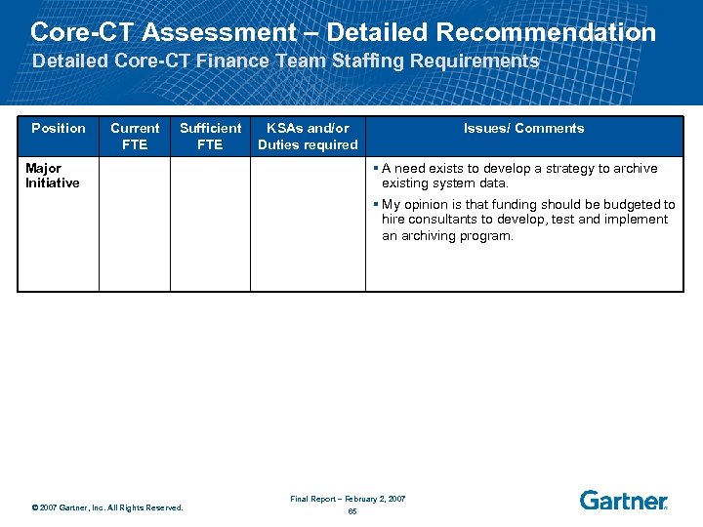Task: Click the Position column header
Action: pyautogui.click(x=58, y=128)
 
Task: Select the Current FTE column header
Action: pyautogui.click(x=135, y=136)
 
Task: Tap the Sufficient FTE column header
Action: pyautogui.click(x=210, y=136)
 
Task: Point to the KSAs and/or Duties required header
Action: pyautogui.click(x=308, y=136)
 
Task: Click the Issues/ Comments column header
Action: pyautogui.click(x=523, y=128)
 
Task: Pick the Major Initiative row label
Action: pyautogui.click(x=53, y=176)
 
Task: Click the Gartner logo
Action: pyautogui.click(x=623, y=500)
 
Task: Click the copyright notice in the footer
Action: pyautogui.click(x=107, y=507)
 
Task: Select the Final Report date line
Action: pyautogui.click(x=348, y=499)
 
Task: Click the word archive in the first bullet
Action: pyautogui.click(x=635, y=168)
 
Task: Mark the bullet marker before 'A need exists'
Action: pyautogui.click(x=376, y=168)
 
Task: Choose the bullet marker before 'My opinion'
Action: pyautogui.click(x=376, y=204)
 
